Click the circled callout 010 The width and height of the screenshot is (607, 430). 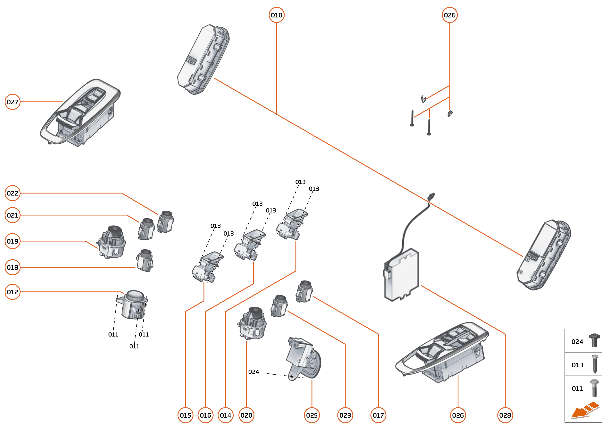276,15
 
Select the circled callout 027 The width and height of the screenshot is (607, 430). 12,102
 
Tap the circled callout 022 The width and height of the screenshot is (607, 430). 12,193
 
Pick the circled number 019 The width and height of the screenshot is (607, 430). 12,241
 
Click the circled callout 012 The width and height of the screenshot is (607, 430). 12,292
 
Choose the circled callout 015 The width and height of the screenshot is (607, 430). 185,415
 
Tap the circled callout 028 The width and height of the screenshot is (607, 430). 505,415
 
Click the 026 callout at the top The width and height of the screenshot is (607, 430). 450,15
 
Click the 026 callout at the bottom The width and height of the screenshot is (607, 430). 458,415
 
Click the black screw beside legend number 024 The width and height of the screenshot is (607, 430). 594,340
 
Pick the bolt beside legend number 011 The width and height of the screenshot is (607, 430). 594,388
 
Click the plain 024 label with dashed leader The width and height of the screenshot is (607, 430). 253,372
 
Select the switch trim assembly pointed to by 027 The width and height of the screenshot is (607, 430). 81,113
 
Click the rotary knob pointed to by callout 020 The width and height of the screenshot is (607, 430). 253,324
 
